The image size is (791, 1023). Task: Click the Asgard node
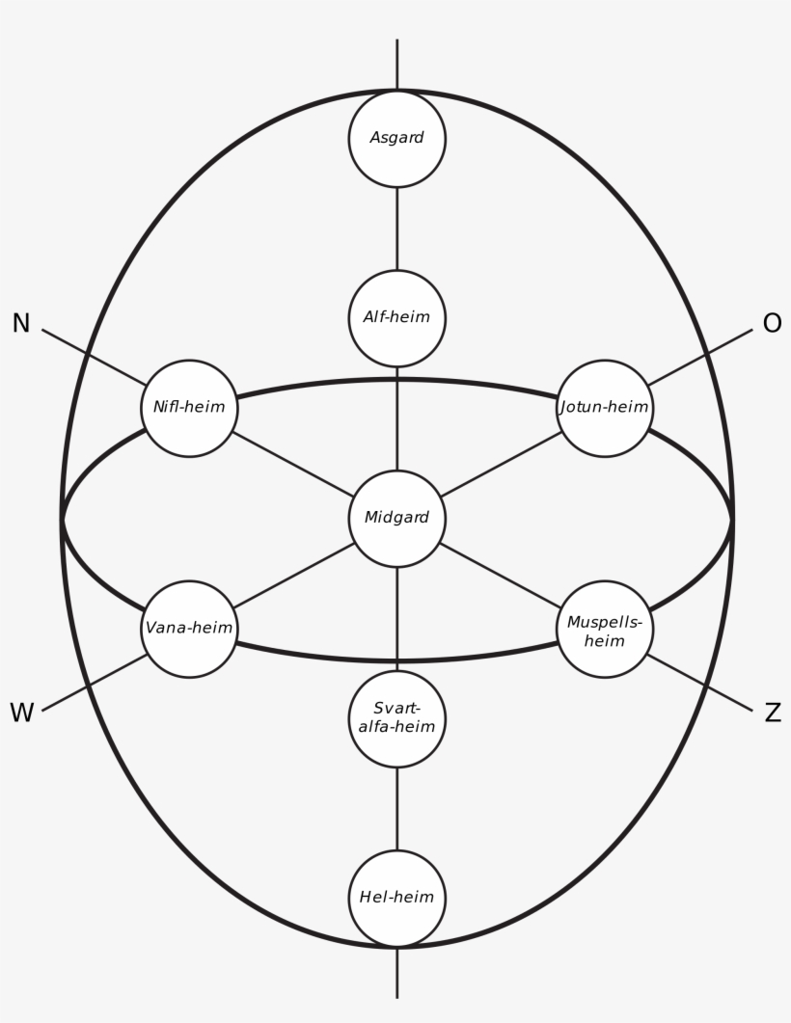(396, 138)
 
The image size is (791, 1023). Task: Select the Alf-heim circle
(396, 317)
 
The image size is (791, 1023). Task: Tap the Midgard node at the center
(396, 518)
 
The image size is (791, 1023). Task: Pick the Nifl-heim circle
(189, 408)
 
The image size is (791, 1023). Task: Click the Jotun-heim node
(605, 408)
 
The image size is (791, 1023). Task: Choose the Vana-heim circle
(189, 629)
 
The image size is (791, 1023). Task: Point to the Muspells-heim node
(605, 629)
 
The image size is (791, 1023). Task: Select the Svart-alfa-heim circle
(396, 718)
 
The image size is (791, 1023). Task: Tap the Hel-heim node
(396, 898)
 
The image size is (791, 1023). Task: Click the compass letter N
(21, 324)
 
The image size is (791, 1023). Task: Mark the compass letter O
(772, 324)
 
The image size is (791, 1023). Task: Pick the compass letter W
(21, 713)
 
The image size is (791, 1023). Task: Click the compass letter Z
(772, 713)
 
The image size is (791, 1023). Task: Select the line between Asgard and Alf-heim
(396, 229)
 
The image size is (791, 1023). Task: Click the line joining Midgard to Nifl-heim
(291, 462)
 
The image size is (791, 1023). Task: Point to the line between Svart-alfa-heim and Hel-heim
(396, 808)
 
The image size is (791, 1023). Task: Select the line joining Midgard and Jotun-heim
(502, 463)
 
